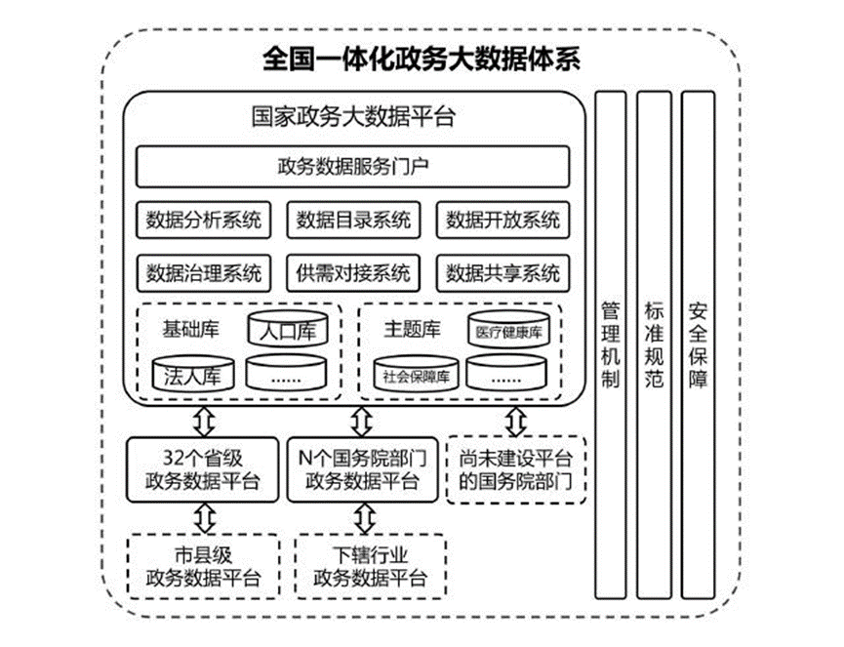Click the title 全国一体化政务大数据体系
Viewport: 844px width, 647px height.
point(422,59)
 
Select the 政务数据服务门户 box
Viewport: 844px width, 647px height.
point(352,167)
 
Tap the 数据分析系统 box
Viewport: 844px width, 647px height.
point(203,220)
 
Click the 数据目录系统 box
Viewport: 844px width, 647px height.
point(352,220)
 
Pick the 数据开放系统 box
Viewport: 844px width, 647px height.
point(502,220)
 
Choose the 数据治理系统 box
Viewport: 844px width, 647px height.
point(203,272)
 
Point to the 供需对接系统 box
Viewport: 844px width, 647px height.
point(352,272)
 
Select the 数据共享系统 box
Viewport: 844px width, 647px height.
point(502,272)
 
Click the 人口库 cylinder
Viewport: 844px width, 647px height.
point(287,333)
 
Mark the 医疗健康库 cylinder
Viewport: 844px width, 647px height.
point(508,333)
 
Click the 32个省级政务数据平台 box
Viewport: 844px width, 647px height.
point(203,468)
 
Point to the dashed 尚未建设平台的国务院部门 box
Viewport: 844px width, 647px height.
point(516,468)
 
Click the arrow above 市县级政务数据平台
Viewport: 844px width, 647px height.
point(204,515)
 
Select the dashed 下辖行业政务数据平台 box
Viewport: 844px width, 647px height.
point(370,565)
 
